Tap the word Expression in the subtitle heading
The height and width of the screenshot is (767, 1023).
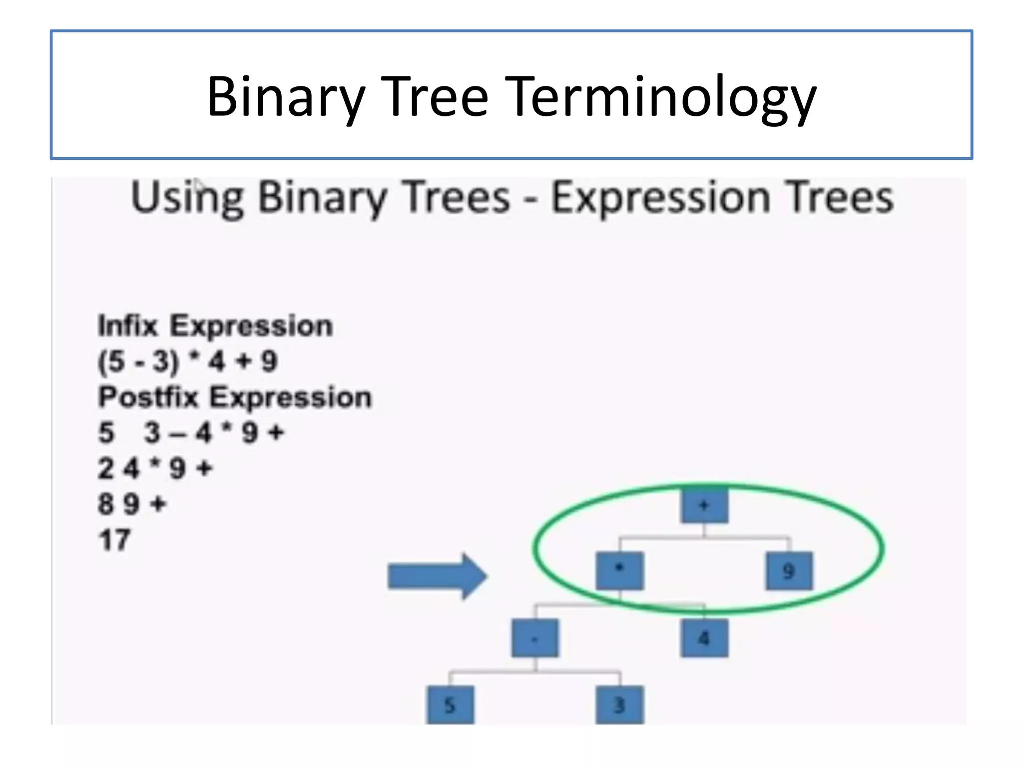click(659, 198)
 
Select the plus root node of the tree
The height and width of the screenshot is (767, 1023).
click(704, 505)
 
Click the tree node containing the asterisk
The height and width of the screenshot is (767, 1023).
click(619, 571)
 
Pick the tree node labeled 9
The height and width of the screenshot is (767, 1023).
click(789, 571)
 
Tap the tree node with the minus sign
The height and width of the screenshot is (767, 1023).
click(535, 638)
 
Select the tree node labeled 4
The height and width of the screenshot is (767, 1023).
click(704, 638)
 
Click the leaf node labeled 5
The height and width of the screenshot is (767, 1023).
click(450, 705)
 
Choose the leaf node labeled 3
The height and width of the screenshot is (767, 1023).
click(619, 705)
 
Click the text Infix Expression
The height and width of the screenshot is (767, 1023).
click(215, 326)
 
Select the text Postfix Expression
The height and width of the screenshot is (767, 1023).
click(235, 397)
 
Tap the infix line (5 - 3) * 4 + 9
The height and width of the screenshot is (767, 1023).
click(187, 361)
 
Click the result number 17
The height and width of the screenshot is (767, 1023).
click(114, 540)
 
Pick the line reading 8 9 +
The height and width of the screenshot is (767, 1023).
click(131, 504)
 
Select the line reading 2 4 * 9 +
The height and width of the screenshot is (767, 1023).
click(155, 468)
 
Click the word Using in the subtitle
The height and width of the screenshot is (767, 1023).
click(187, 198)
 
